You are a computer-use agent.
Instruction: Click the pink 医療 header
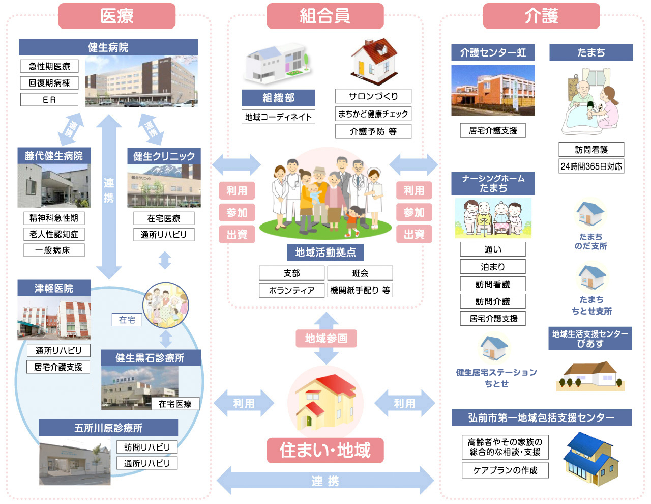(116, 16)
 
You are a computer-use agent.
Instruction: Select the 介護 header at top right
(541, 16)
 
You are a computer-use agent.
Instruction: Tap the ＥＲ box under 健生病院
(49, 100)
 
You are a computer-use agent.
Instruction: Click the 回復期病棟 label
(49, 83)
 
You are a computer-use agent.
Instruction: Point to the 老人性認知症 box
(54, 234)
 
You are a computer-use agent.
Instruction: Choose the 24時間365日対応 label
(591, 166)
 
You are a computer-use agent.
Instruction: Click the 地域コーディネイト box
(278, 117)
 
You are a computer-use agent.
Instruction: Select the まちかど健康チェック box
(373, 114)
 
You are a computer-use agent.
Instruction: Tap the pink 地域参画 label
(326, 338)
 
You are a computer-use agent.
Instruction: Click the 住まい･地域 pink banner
(325, 451)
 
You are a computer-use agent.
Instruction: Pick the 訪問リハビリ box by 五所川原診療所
(147, 447)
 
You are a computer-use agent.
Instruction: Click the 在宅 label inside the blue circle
(127, 320)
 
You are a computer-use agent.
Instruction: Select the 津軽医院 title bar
(54, 288)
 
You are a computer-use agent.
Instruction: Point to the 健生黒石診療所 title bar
(150, 358)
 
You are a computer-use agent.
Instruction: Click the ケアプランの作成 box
(505, 470)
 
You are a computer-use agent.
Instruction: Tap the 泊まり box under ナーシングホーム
(492, 267)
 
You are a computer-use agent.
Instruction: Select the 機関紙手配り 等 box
(360, 290)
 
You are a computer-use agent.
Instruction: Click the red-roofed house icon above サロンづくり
(374, 62)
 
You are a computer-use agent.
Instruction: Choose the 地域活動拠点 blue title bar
(325, 252)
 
